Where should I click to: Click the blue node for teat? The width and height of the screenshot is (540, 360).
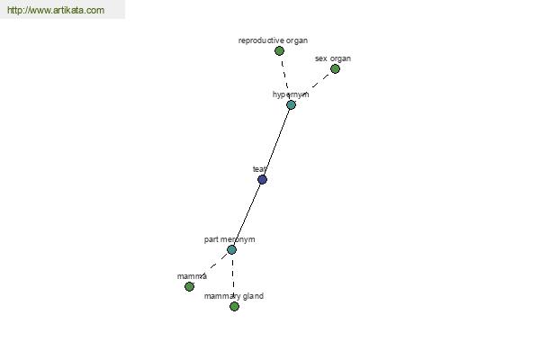262,179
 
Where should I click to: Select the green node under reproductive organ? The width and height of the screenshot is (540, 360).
279,51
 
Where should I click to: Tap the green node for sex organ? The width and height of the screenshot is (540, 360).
335,69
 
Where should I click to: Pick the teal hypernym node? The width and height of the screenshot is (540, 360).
291,104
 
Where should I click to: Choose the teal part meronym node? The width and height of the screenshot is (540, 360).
232,250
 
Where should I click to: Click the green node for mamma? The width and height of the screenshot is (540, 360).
189,286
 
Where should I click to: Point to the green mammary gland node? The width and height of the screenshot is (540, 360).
234,306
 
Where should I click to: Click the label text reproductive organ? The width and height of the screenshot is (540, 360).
273,40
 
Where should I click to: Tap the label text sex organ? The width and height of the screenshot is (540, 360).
333,58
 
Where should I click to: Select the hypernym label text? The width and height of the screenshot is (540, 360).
291,94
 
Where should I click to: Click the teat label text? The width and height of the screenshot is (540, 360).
260,169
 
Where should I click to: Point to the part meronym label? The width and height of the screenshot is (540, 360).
229,239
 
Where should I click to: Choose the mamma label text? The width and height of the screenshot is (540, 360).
192,276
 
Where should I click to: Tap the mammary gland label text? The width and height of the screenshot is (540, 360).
234,296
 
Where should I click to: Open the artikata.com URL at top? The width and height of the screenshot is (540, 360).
56,10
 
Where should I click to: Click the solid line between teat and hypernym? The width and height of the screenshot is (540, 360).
276,142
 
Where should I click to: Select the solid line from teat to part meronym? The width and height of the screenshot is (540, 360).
247,214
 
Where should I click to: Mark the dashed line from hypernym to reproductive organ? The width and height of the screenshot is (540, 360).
285,78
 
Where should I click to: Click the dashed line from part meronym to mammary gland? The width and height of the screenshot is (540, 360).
233,278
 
